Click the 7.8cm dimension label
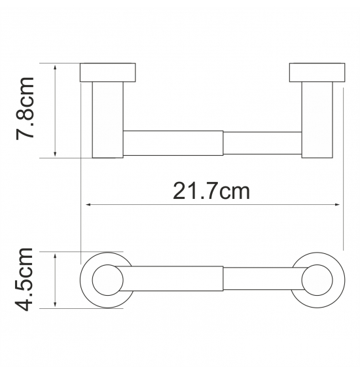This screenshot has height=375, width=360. click(x=25, y=109)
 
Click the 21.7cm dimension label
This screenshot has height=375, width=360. click(x=211, y=191)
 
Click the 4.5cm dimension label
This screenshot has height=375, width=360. click(x=24, y=279)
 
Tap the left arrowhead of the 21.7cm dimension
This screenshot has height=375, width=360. click(x=88, y=205)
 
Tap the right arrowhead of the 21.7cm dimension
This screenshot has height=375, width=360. click(x=337, y=205)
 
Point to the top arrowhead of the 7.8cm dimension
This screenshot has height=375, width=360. click(x=55, y=67)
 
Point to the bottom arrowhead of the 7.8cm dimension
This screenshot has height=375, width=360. click(x=55, y=154)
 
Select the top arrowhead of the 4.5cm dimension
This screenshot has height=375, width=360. click(x=55, y=256)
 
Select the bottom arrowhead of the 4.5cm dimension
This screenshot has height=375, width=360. click(x=55, y=304)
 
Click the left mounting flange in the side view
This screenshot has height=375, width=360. click(x=107, y=73)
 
